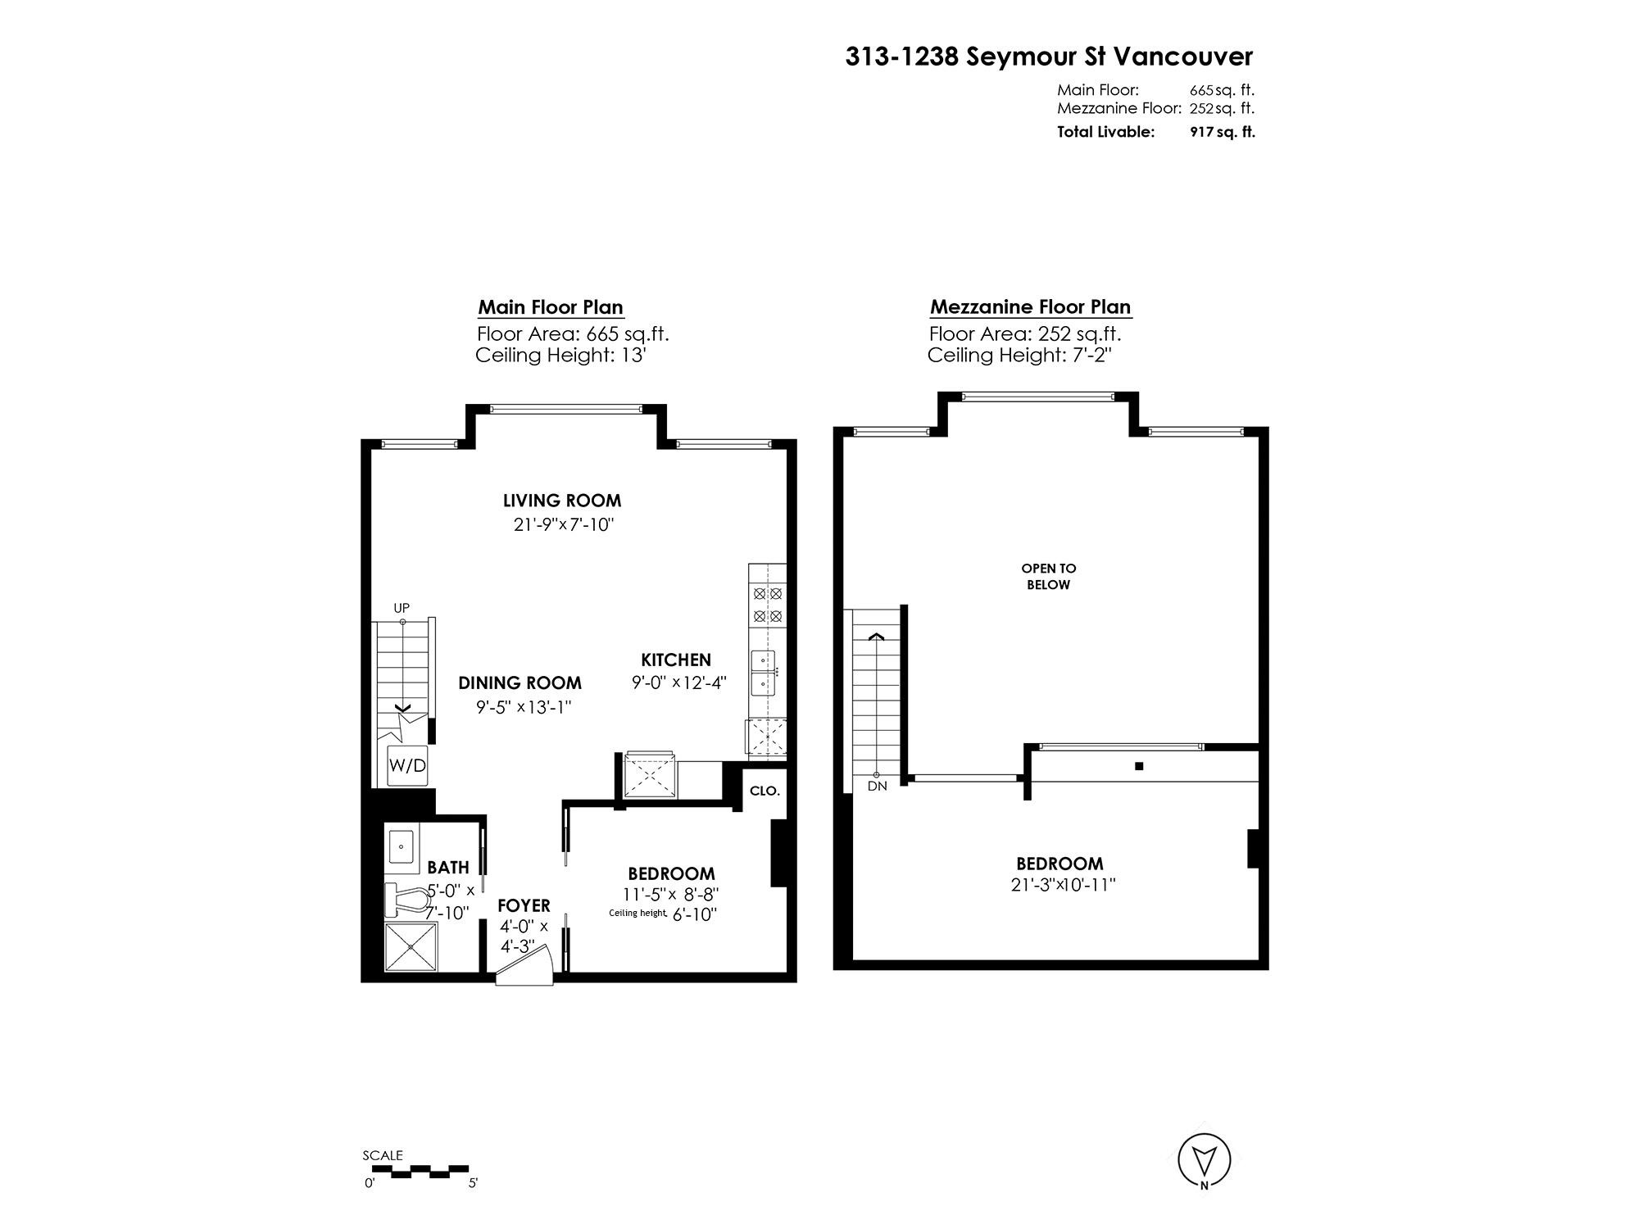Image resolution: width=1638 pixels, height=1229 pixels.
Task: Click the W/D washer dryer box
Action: (407, 766)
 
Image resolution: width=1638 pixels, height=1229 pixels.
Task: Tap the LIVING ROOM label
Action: (562, 501)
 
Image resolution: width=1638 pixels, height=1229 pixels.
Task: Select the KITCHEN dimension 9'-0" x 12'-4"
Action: (678, 683)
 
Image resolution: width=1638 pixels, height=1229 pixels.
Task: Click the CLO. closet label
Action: (765, 791)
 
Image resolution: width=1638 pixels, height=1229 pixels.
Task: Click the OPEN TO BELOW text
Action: (1048, 576)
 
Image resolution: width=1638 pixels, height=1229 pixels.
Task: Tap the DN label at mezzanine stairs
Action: (876, 787)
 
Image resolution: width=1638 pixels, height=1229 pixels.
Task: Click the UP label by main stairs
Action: (402, 608)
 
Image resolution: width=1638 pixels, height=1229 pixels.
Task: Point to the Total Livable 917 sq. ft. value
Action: (1222, 132)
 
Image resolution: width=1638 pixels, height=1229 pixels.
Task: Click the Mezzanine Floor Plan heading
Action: (1030, 307)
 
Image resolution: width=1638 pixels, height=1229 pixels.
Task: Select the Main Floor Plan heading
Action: (551, 307)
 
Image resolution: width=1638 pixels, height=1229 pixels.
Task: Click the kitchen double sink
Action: (763, 672)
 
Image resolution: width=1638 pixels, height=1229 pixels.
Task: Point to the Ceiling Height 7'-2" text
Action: (1019, 356)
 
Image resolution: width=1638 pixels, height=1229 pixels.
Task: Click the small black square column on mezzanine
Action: (1138, 767)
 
